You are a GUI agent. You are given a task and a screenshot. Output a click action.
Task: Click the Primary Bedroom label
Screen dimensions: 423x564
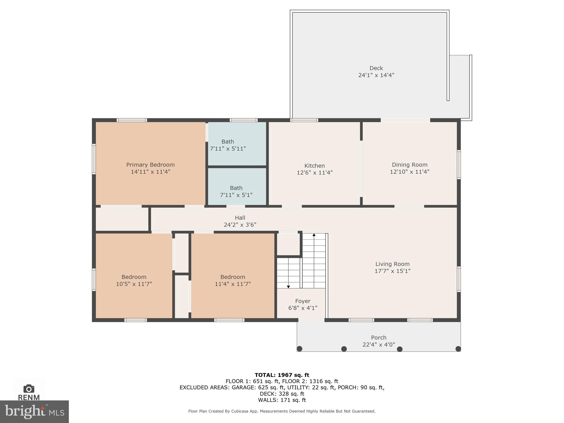point(150,165)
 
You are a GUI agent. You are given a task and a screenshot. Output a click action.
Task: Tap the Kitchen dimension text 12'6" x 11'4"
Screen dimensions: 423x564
point(314,173)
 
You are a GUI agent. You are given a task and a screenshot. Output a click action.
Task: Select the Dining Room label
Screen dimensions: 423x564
point(410,165)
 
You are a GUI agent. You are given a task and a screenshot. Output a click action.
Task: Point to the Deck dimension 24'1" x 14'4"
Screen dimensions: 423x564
point(376,75)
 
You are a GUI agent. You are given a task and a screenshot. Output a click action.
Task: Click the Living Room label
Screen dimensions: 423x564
point(392,264)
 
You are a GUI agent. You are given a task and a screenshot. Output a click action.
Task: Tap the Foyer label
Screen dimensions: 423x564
point(303,301)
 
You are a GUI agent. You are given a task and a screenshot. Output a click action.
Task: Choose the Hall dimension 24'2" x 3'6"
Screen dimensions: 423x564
point(240,225)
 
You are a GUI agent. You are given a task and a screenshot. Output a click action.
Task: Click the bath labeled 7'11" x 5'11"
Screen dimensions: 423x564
point(228,145)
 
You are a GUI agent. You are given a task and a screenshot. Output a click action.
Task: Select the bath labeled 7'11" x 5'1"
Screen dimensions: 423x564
point(236,191)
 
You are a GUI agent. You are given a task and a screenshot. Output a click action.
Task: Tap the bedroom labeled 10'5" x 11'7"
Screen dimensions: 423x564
point(134,280)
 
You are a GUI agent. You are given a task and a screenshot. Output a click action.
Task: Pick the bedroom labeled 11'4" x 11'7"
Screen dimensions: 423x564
point(233,280)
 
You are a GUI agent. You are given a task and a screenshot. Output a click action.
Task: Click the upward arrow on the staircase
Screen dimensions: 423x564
point(314,235)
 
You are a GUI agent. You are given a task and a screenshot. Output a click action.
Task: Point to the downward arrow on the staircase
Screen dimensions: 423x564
point(288,287)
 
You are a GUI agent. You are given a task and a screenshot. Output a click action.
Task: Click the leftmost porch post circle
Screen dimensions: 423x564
point(300,349)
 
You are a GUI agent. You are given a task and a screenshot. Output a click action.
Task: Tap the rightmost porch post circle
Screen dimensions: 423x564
point(458,349)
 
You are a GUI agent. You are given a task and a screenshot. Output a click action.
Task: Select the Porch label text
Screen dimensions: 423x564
point(379,337)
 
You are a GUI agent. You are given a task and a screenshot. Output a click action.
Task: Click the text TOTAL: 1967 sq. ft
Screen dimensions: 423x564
point(282,375)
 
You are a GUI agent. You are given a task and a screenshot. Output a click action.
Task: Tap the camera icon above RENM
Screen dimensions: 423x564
point(29,389)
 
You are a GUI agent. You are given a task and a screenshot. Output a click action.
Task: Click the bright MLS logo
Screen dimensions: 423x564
point(34,412)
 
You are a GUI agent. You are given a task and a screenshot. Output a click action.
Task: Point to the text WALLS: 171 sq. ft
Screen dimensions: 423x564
point(282,400)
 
